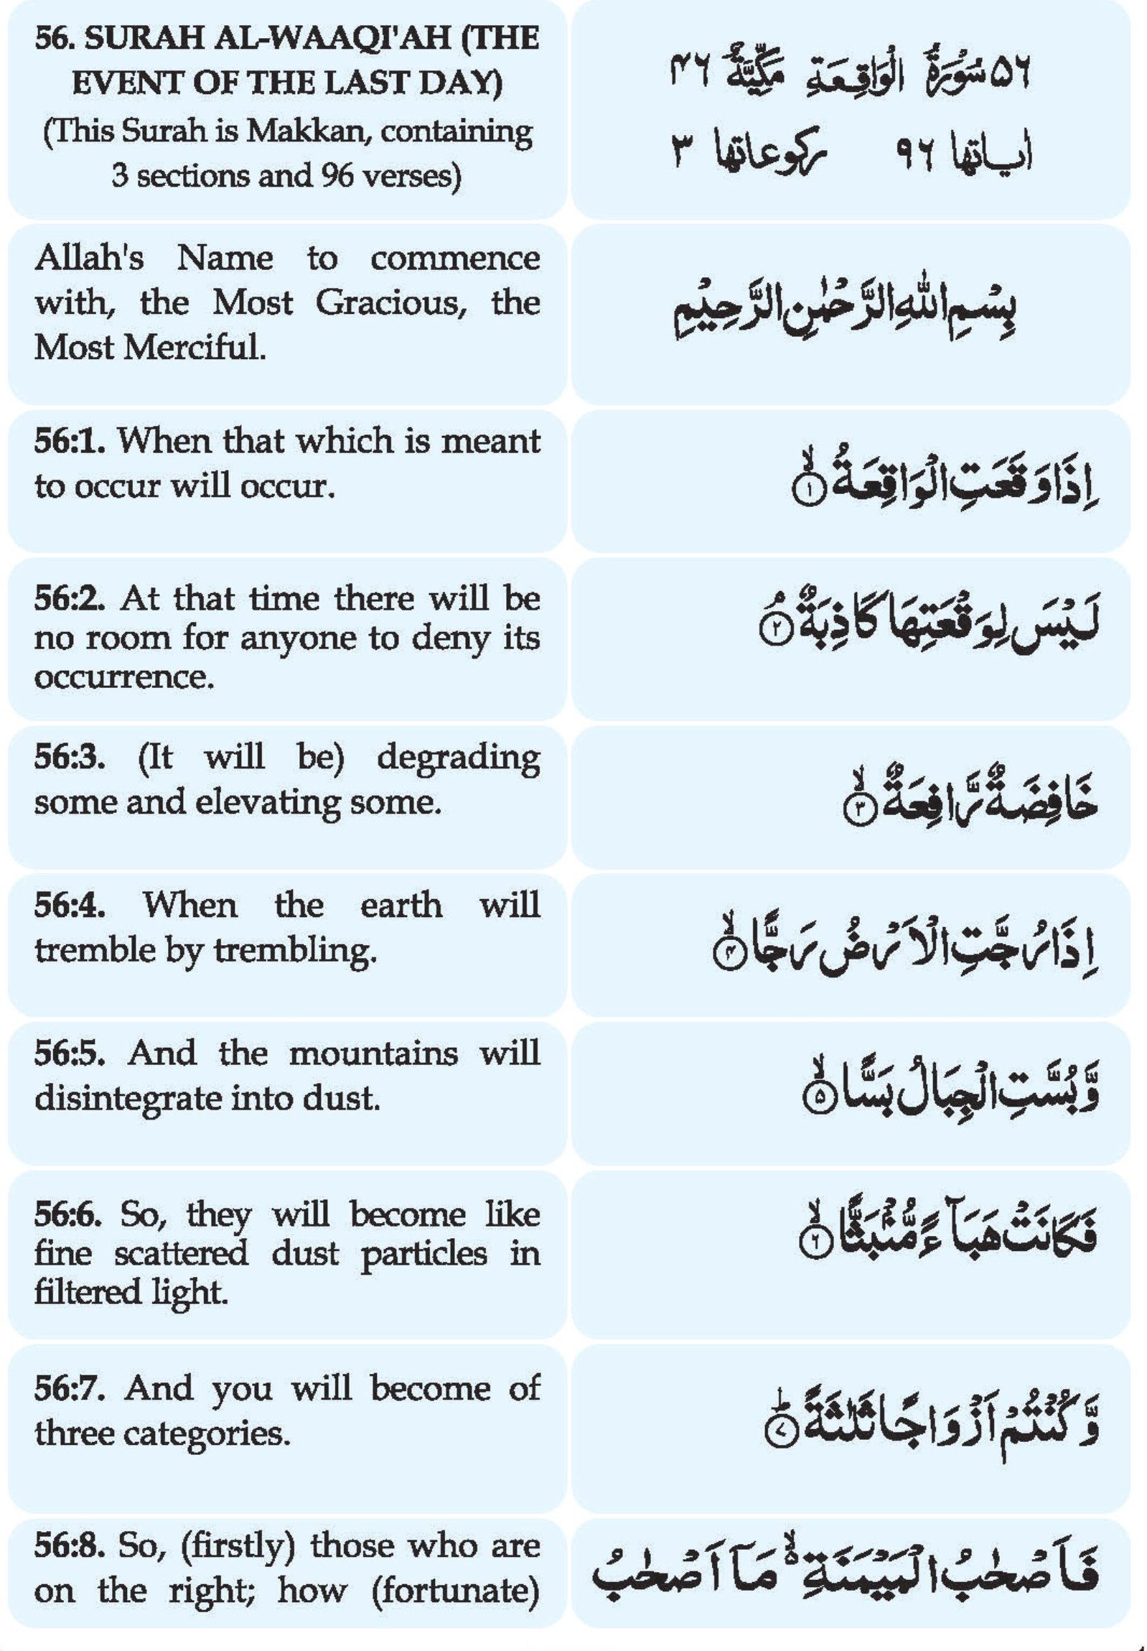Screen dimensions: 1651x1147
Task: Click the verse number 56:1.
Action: point(70,440)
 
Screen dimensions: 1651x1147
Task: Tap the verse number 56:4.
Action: point(70,905)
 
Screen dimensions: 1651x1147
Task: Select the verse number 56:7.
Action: point(70,1387)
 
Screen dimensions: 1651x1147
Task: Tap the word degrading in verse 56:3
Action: point(458,757)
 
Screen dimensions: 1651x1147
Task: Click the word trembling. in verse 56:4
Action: point(296,950)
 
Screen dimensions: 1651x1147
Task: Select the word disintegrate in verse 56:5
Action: point(127,1098)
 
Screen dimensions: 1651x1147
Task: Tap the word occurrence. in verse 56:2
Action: point(123,676)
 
